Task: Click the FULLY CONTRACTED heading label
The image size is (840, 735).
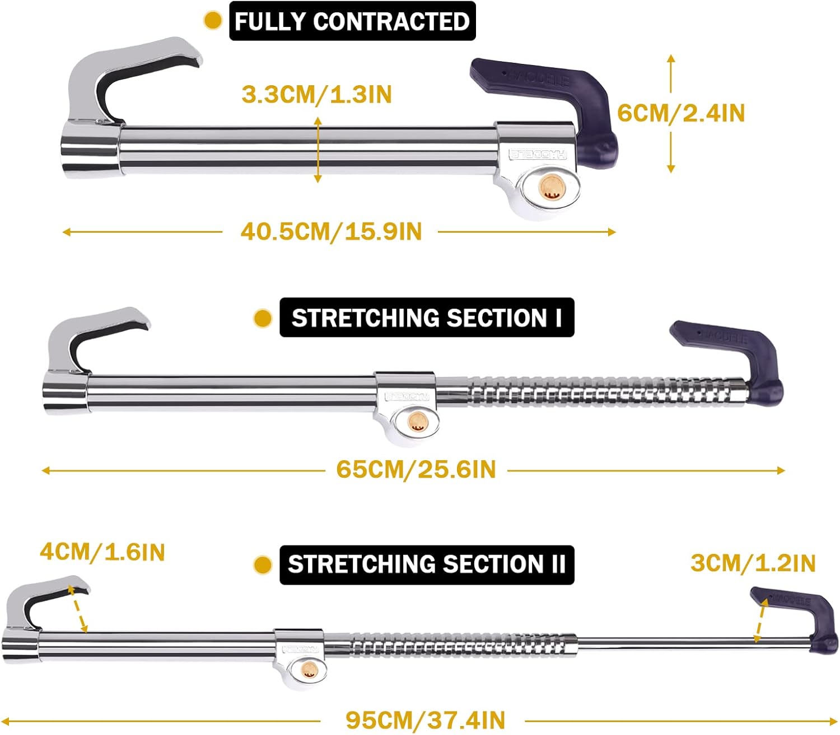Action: click(x=352, y=21)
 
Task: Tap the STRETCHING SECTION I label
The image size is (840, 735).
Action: click(x=427, y=318)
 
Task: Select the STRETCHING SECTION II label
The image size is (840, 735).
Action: click(x=427, y=565)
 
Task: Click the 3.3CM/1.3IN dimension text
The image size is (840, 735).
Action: click(x=316, y=94)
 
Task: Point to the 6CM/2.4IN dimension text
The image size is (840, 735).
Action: click(x=681, y=113)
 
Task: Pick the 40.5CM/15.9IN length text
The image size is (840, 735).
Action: click(x=331, y=232)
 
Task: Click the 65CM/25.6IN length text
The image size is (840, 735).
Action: click(x=416, y=469)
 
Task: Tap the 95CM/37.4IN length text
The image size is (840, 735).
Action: click(x=425, y=720)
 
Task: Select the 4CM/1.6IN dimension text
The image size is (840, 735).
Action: click(x=102, y=552)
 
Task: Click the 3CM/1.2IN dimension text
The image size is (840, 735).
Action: click(x=753, y=563)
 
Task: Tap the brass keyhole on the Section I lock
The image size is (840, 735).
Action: click(x=416, y=422)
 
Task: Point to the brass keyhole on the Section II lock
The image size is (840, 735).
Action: click(x=310, y=668)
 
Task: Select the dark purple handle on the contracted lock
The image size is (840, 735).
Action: click(x=560, y=101)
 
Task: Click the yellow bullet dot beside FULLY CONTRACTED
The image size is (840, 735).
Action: click(x=213, y=21)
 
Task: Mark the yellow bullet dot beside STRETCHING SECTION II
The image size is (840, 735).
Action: click(x=263, y=565)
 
